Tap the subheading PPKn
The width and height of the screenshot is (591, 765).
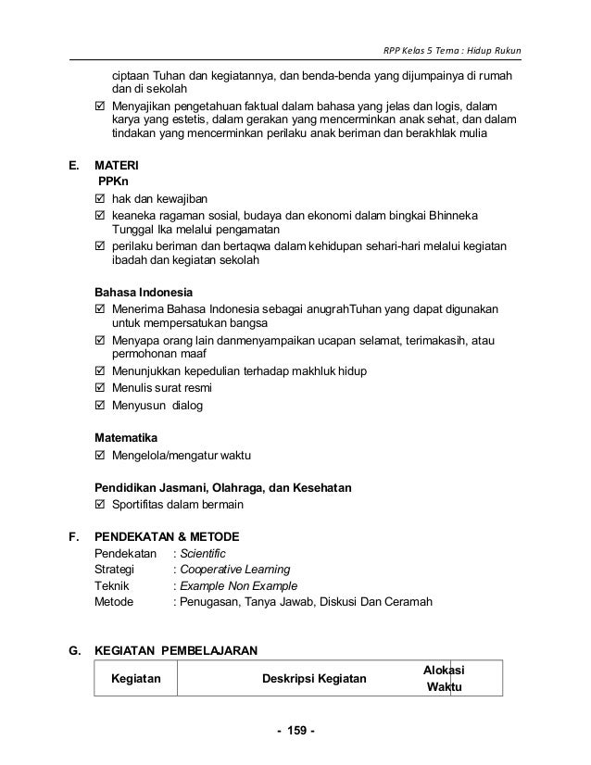116,182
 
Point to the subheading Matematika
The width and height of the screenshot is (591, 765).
127,436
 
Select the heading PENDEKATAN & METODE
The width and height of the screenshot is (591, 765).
168,536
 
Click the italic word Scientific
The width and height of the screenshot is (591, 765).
203,553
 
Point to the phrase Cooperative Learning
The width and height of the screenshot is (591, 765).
235,569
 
